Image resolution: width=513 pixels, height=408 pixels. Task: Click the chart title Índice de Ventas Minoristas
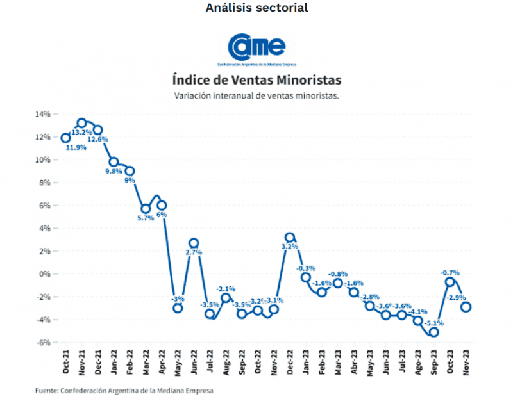click(x=256, y=80)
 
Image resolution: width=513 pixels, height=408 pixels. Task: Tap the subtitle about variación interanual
click(x=256, y=95)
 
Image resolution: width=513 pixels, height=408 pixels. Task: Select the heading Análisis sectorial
click(x=256, y=8)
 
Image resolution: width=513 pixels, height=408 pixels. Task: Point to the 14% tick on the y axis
click(x=43, y=114)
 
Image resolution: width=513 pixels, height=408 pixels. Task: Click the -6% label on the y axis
click(x=43, y=343)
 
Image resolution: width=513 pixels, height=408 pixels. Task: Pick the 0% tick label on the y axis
click(x=45, y=274)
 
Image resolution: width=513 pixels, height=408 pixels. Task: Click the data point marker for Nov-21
click(x=81, y=123)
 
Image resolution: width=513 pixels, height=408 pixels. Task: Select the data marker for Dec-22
click(x=290, y=238)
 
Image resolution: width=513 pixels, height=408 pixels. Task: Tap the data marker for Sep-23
click(x=434, y=332)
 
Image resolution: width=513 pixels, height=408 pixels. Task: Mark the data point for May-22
click(x=178, y=308)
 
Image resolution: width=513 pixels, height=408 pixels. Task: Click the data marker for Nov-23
click(x=466, y=307)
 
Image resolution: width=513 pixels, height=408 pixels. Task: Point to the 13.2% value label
click(x=80, y=133)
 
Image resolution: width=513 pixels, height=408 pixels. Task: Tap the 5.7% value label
click(x=146, y=218)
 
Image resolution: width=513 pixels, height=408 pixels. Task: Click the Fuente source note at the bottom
click(x=124, y=390)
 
